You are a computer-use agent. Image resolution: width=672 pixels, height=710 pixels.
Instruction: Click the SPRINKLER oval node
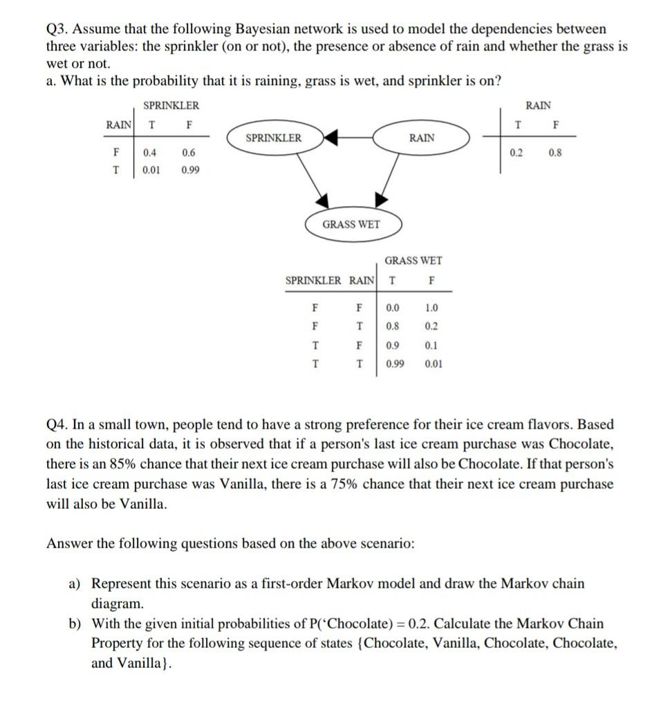pos(274,138)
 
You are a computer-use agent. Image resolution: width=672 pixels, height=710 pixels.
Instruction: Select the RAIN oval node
pos(422,138)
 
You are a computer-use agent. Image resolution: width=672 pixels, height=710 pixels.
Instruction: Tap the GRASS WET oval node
pos(351,224)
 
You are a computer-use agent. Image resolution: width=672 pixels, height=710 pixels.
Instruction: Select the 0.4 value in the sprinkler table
pos(149,153)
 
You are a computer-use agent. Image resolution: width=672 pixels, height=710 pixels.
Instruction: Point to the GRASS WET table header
pos(413,261)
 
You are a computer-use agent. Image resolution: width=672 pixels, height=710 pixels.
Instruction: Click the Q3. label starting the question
pos(57,30)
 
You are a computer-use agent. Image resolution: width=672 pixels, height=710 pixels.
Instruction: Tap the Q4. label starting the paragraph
pos(58,424)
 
